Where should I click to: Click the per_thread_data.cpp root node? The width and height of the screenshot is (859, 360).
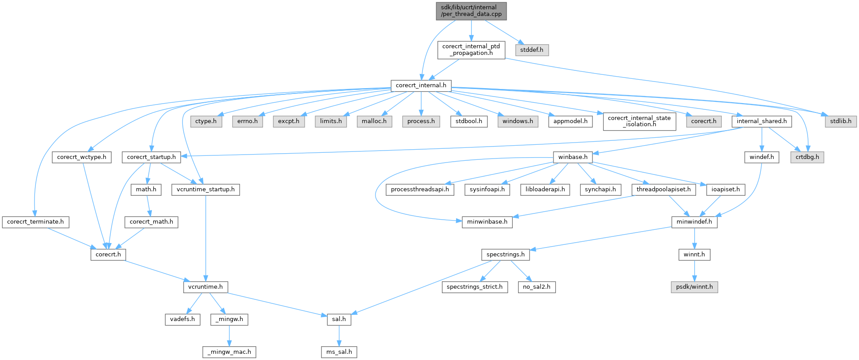coord(471,11)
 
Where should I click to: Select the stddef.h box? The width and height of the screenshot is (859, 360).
coord(532,50)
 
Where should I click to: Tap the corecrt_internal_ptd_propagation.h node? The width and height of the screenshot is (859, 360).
coord(471,50)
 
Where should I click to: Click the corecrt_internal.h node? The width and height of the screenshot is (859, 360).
coord(421,85)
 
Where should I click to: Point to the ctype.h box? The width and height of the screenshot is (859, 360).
coord(206,121)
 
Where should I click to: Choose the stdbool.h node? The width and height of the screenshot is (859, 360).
coord(469,121)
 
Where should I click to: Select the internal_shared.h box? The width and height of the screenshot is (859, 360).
coord(762,121)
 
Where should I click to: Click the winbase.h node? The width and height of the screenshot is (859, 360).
coord(573,157)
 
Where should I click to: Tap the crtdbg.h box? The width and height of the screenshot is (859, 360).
coord(807,157)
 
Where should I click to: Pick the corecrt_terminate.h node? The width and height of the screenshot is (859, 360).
coord(35,222)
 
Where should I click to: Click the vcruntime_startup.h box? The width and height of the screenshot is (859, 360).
coord(205,190)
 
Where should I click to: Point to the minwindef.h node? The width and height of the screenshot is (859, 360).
coord(694,222)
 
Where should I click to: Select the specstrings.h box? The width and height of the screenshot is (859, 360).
coord(505,255)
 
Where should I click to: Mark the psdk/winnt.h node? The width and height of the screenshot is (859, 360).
coord(694,287)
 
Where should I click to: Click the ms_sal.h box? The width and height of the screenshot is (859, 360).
coord(339,352)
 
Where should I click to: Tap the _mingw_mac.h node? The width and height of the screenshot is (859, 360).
coord(229,352)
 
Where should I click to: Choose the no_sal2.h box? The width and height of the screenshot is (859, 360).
coord(537,287)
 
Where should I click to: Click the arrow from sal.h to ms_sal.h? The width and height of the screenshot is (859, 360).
coord(339,336)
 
